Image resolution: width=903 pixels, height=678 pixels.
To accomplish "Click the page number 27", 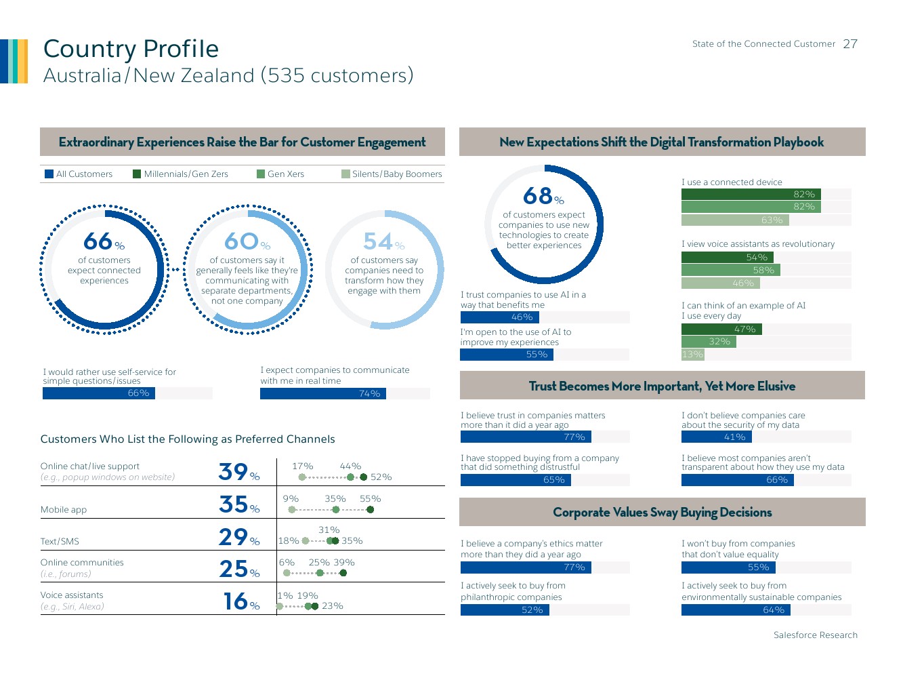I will coord(850,44).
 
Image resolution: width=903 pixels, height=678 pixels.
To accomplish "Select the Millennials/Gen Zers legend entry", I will coord(181,174).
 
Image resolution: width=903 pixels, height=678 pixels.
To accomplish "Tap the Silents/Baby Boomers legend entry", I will coord(392,174).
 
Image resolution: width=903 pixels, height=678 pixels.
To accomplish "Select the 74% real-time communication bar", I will coord(322,393).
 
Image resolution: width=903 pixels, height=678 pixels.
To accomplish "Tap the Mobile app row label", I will coord(64,510).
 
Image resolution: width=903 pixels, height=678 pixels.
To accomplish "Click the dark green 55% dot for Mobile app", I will coord(370,509).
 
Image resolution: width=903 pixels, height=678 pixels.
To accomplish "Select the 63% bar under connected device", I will coord(732,220).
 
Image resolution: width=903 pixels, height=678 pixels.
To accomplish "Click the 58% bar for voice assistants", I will coord(730,270).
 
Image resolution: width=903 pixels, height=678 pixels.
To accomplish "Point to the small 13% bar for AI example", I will coord(692,354).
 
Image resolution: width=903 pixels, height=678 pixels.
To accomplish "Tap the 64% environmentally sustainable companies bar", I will coord(735,610).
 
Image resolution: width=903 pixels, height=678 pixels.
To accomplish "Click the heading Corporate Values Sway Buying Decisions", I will coord(662,513).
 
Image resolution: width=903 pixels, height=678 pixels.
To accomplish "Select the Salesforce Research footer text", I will coord(815,635).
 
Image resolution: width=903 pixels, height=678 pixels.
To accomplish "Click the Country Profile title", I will coord(131,49).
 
